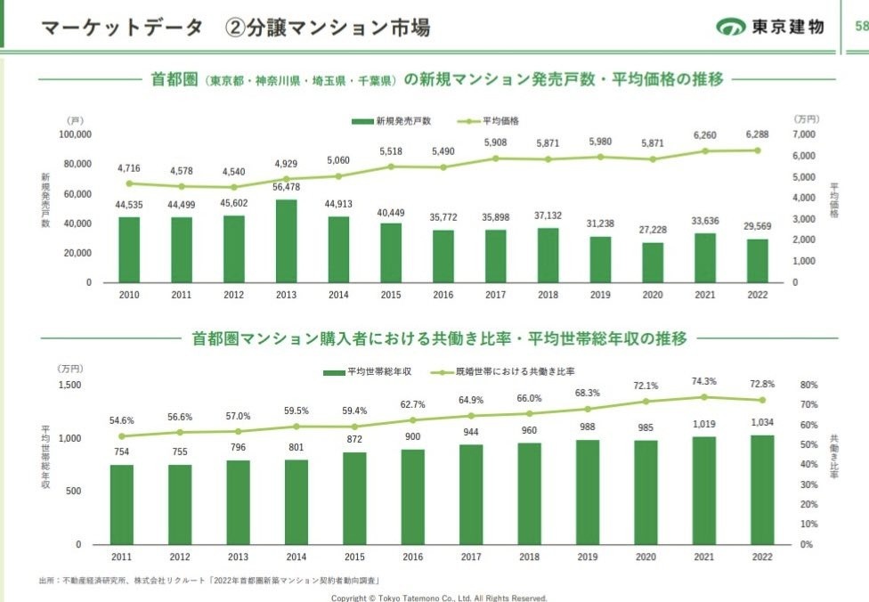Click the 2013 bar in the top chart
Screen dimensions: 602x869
286,240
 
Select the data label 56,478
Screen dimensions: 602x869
286,187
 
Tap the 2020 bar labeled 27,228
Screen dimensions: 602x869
653,262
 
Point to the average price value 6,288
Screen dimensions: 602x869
758,134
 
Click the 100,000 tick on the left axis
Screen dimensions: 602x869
75,134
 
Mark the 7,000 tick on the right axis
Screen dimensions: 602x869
804,134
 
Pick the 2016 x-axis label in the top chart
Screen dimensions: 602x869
443,294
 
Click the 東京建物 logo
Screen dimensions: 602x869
770,27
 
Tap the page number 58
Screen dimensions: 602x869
860,27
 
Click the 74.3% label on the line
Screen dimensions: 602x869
703,381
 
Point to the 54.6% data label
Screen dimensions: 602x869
122,420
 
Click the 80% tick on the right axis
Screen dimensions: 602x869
808,386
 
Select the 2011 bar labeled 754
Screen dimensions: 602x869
122,504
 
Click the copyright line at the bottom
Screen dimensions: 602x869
439,598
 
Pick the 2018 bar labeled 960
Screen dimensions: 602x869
529,493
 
